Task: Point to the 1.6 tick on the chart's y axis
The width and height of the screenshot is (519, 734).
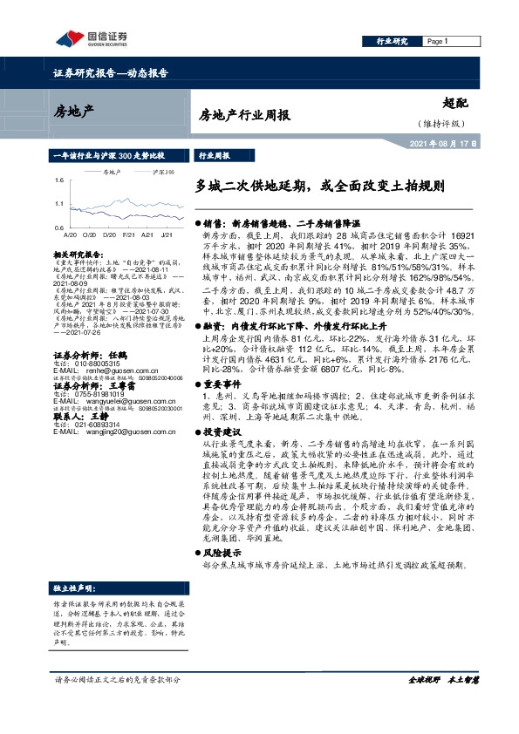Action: pos(58,180)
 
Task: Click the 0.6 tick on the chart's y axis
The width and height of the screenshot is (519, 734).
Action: pos(58,227)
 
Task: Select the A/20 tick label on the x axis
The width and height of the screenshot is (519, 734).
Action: pos(70,234)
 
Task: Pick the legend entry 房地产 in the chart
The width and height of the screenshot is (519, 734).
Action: pos(112,173)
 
